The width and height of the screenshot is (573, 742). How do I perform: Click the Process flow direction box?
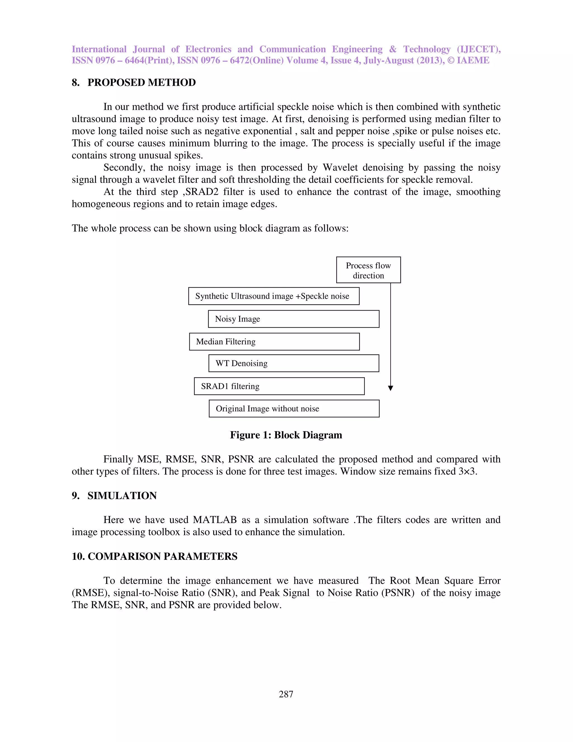pos(368,270)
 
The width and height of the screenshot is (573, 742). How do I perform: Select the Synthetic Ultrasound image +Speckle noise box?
pos(274,296)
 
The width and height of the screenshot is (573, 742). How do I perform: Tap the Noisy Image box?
pos(293,319)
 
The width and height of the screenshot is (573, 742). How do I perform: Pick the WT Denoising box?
pos(293,363)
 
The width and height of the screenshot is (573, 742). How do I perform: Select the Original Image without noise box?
pos(294,409)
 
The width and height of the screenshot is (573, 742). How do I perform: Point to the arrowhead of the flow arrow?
pos(390,388)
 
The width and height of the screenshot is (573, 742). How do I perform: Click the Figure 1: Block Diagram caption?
pos(286,435)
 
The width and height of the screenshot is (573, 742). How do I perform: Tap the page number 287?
pos(286,694)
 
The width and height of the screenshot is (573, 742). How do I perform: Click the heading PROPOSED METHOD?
pos(142,83)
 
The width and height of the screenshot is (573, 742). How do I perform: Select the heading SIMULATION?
pos(122,496)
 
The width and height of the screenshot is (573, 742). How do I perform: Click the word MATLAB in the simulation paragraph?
pos(215,520)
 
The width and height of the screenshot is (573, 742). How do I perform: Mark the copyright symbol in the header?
pos(451,60)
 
